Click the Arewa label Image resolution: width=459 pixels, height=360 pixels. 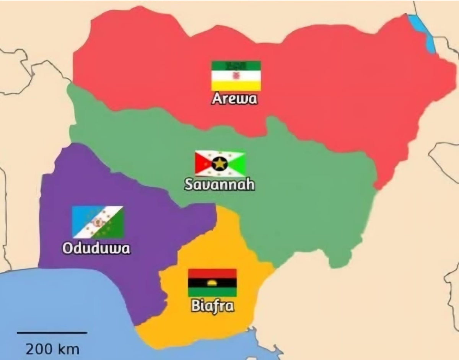click(x=234, y=99)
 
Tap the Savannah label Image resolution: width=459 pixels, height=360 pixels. click(x=219, y=184)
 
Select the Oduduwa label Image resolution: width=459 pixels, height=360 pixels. click(x=96, y=249)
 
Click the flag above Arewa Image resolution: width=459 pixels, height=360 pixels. click(x=236, y=76)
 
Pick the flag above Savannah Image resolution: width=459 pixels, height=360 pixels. click(x=220, y=164)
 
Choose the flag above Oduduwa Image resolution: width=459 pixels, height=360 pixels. click(x=98, y=222)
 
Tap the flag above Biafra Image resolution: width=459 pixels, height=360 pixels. click(x=212, y=283)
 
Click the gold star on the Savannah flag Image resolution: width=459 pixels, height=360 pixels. click(x=220, y=164)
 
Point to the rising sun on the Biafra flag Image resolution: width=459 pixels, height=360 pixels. click(x=212, y=283)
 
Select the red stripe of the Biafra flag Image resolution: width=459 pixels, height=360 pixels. click(x=212, y=273)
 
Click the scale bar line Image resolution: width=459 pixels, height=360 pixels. click(x=52, y=333)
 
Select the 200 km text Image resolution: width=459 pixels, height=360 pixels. click(x=52, y=349)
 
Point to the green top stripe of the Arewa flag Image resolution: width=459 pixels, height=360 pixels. click(x=236, y=65)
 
